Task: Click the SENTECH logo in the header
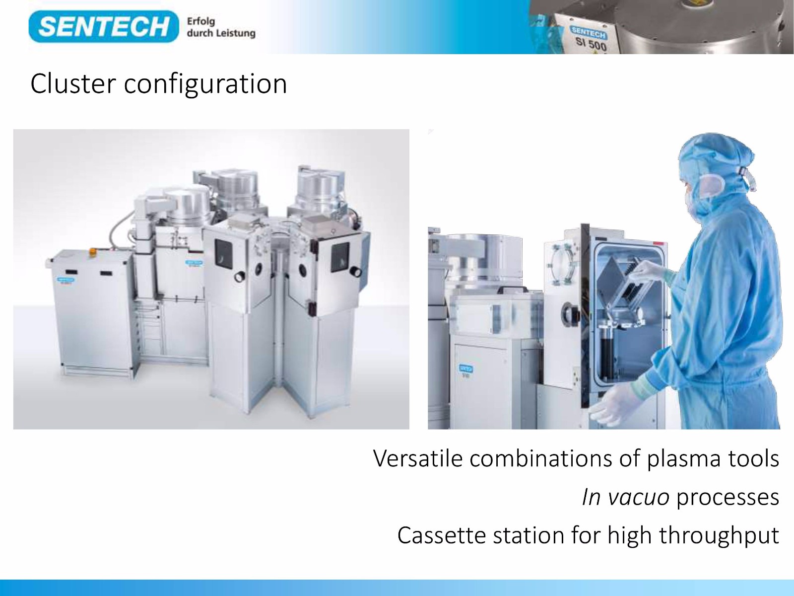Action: click(103, 26)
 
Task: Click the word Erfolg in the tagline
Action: click(201, 22)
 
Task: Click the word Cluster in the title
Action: click(72, 83)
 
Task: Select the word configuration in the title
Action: click(205, 84)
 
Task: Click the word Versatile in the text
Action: click(418, 458)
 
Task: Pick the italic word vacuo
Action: click(639, 498)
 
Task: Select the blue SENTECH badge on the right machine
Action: click(465, 369)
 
